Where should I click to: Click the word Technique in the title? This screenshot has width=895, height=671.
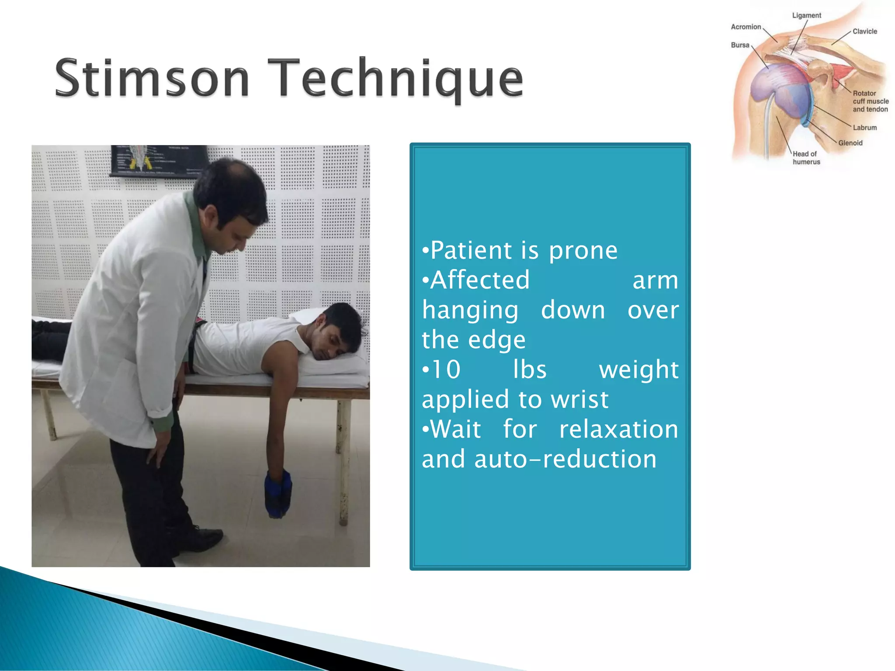click(395, 79)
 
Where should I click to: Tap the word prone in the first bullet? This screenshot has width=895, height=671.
click(583, 251)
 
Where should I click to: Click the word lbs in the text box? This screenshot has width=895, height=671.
click(530, 370)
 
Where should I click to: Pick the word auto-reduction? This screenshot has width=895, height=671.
click(565, 459)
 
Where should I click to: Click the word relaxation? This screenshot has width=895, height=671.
click(619, 429)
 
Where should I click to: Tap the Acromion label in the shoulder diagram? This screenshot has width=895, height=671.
click(746, 27)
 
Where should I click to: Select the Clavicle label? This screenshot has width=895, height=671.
click(864, 31)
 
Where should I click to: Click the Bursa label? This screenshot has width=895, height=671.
click(740, 45)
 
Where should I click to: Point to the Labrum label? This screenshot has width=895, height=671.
click(864, 128)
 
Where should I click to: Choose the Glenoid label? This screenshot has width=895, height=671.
click(850, 143)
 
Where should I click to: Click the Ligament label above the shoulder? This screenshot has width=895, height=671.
click(806, 16)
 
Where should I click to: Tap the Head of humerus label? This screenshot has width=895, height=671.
click(806, 158)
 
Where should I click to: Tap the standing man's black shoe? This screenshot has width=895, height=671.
click(205, 535)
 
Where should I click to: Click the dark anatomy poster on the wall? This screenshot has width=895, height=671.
click(160, 160)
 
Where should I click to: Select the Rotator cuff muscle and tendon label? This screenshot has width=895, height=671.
click(870, 101)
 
